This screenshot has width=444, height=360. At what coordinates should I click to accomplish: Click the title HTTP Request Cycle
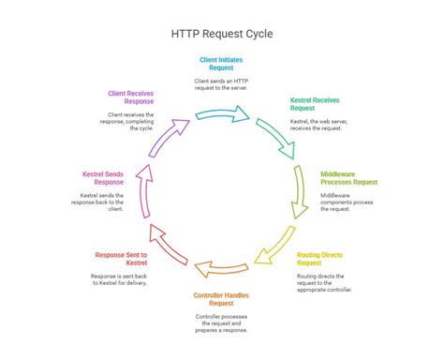click(222, 34)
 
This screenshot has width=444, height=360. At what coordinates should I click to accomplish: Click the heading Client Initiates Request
click(221, 65)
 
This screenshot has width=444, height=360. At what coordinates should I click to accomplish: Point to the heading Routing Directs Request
click(319, 258)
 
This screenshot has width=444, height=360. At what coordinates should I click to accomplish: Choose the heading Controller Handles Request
click(221, 299)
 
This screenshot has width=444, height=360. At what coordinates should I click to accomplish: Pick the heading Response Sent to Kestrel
click(121, 259)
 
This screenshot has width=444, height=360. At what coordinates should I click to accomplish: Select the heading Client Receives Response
click(130, 98)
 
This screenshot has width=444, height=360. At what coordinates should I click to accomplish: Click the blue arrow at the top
click(223, 115)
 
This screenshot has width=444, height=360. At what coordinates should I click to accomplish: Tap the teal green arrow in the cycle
click(274, 137)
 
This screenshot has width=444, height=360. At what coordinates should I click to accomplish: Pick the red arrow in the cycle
click(170, 246)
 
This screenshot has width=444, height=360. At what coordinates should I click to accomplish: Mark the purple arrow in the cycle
click(168, 139)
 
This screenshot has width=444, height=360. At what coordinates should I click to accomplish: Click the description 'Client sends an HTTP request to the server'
click(223, 85)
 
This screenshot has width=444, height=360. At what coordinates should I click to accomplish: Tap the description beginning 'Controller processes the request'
click(221, 323)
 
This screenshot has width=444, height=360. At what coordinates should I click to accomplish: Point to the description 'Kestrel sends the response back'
click(102, 203)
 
